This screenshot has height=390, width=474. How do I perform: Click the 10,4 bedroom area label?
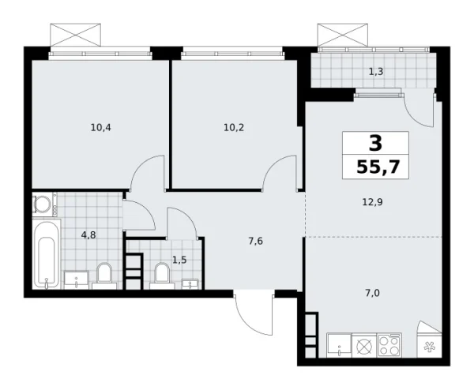100,126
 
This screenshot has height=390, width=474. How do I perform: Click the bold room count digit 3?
375,143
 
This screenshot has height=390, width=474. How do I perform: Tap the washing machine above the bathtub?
43,205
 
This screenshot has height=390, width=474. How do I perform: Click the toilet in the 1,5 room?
162,273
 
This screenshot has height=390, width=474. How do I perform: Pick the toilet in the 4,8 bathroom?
103,276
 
